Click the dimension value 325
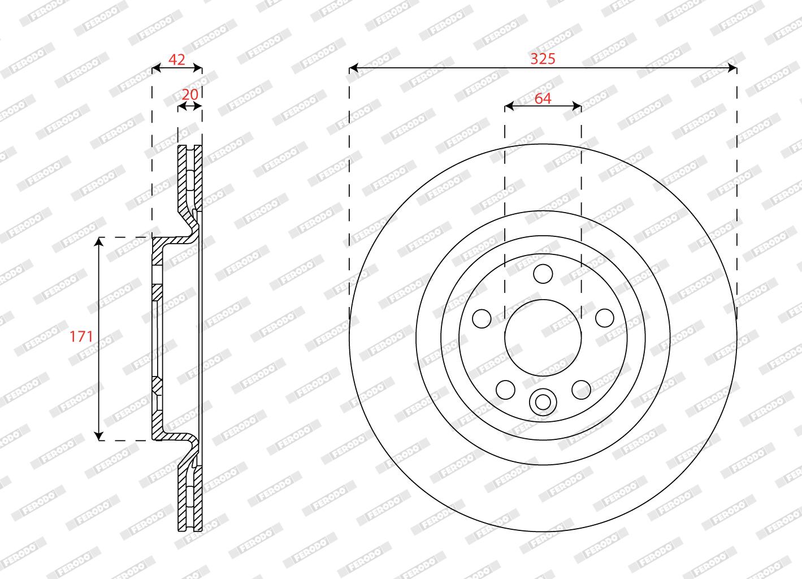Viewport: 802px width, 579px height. (x=543, y=59)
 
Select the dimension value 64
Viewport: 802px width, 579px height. (x=543, y=98)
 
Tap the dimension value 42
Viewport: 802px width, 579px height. (x=177, y=59)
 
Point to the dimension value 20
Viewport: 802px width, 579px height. (x=190, y=94)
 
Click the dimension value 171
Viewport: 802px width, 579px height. (x=81, y=336)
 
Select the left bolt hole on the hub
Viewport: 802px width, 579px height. (x=482, y=318)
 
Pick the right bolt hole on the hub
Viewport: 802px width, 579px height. (x=604, y=318)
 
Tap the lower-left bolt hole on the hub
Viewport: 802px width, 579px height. (x=505, y=390)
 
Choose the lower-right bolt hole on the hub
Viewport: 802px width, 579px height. (x=581, y=390)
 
